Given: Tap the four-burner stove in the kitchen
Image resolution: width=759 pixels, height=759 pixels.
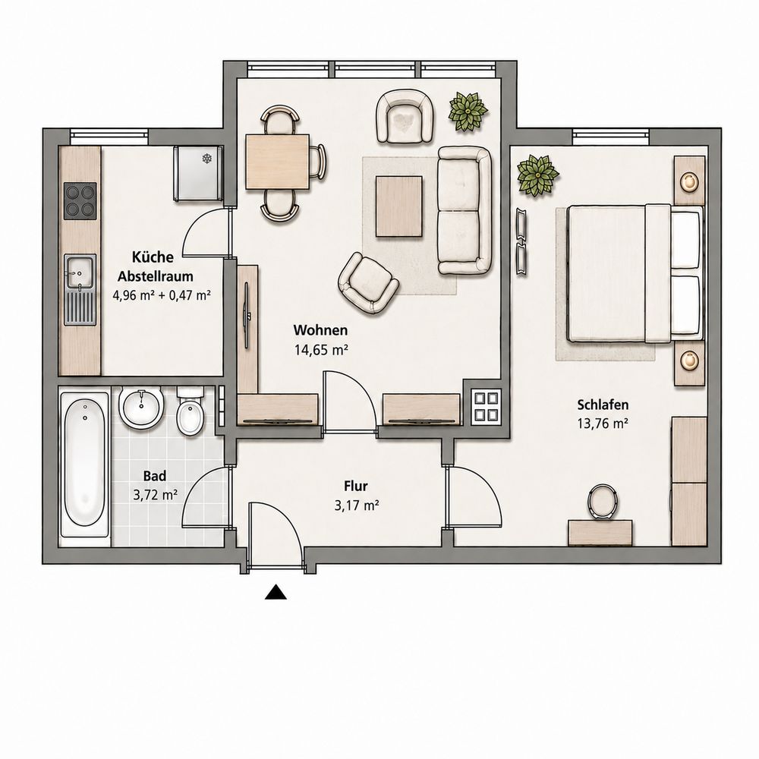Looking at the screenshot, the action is pos(80,201).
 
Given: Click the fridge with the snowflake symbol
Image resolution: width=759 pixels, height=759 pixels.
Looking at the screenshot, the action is pos(198,173).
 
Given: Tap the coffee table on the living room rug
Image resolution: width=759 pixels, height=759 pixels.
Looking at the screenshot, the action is pos(399,206).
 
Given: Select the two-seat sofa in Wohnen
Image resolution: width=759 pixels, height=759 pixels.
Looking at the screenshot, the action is pos(465,211).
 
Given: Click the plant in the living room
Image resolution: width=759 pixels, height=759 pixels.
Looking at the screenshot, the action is pos(468,112).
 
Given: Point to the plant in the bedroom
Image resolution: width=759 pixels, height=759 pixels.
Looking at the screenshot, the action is pos(537,175).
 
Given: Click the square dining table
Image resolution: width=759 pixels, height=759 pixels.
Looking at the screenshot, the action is pos(277,162).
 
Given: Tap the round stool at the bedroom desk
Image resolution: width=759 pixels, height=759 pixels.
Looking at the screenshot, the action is pos(602,502).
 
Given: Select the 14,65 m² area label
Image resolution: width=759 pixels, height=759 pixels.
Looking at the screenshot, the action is pos(321,350).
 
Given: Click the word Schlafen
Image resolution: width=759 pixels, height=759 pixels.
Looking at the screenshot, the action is pos(603,405).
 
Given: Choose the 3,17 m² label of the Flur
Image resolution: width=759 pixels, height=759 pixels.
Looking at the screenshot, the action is pos(356,505).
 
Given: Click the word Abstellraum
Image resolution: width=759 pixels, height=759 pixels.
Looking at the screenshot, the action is pos(156,276).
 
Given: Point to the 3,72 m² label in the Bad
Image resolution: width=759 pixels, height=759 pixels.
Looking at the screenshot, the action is pos(155,495).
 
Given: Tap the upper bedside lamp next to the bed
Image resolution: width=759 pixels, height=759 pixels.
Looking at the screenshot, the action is pos(689,181).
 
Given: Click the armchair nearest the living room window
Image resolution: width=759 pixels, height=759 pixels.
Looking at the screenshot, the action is pos(405,116).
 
